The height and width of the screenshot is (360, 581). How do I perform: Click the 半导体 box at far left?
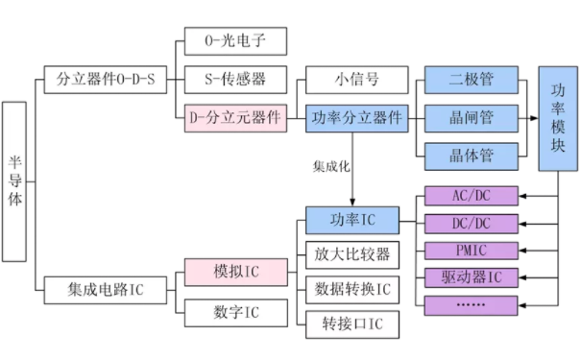[x=14, y=180]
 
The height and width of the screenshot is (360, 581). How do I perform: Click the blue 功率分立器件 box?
[x=352, y=118]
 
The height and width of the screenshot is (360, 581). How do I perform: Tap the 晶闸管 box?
[x=471, y=118]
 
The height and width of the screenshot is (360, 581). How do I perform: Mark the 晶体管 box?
[x=471, y=155]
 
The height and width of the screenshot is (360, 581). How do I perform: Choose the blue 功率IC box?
[x=351, y=220]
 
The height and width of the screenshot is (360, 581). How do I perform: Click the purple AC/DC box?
[x=471, y=197]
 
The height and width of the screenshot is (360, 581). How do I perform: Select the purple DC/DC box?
[x=471, y=224]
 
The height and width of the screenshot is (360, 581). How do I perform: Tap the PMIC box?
[x=471, y=252]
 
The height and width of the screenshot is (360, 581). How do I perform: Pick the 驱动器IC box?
[x=471, y=278]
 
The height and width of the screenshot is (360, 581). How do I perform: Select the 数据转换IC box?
[x=351, y=288]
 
